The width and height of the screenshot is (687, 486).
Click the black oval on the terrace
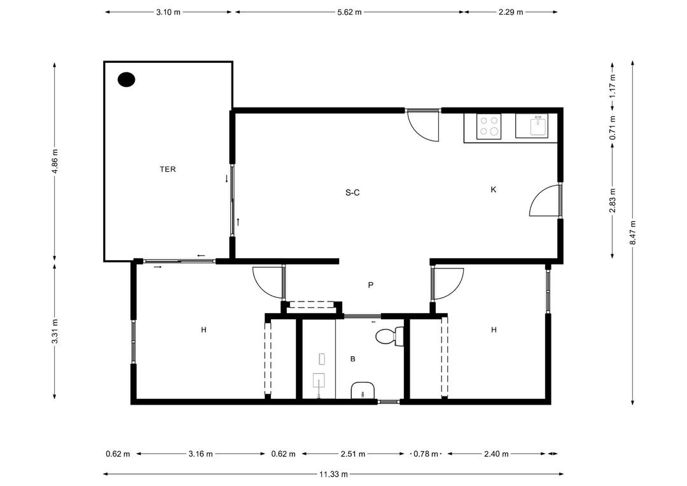click(x=127, y=80)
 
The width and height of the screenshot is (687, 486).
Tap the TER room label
click(x=167, y=170)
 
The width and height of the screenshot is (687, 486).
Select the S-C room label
click(x=352, y=192)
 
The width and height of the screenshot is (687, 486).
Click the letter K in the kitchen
click(x=493, y=190)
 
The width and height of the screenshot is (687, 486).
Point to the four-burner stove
click(x=489, y=126)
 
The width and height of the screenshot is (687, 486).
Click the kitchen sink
click(x=538, y=126)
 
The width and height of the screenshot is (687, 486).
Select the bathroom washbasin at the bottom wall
click(x=363, y=390)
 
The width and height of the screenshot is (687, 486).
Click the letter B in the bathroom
click(x=352, y=359)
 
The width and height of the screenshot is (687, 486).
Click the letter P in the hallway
click(x=370, y=286)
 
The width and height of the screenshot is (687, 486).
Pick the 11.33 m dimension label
click(x=333, y=474)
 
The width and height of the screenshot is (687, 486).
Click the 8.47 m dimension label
click(x=633, y=232)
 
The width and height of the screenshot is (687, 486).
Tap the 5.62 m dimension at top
click(x=349, y=12)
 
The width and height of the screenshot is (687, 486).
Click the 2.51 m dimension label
click(x=352, y=454)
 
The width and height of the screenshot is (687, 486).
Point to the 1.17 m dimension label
click(x=613, y=86)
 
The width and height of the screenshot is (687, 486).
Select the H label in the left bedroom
click(x=204, y=330)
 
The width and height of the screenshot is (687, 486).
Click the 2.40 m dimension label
click(x=496, y=454)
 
